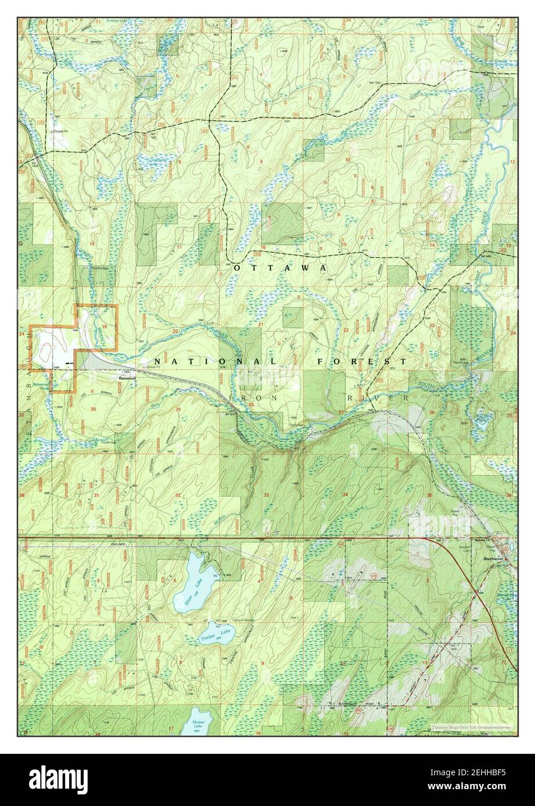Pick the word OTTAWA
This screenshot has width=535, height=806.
click(280, 268)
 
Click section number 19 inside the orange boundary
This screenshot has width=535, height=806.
click(104, 328)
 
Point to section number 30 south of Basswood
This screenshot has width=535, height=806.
click(93, 409)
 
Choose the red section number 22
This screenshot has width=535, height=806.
click(346, 330)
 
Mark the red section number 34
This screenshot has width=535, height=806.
click(345, 495)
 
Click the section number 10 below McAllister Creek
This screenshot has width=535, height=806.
click(348, 159)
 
